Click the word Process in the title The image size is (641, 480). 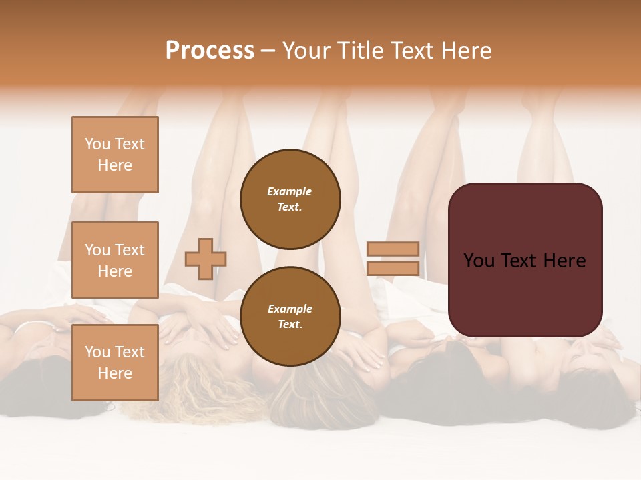pos(210,51)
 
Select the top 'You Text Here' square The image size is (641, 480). pos(115,155)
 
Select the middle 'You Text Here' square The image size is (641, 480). pos(115,260)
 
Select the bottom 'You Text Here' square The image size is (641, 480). pos(115,363)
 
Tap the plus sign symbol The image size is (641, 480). pos(206,259)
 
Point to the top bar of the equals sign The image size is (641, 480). pos(393,249)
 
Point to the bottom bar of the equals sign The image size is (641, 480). pos(393,269)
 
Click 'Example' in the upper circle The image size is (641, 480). pos(290,191)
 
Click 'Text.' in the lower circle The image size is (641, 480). pos(290,325)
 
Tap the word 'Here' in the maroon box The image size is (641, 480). pos(564,261)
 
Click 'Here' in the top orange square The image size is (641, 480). pos(115,165)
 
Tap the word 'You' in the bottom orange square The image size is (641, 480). pos(97,352)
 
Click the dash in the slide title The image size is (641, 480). pos(268,51)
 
